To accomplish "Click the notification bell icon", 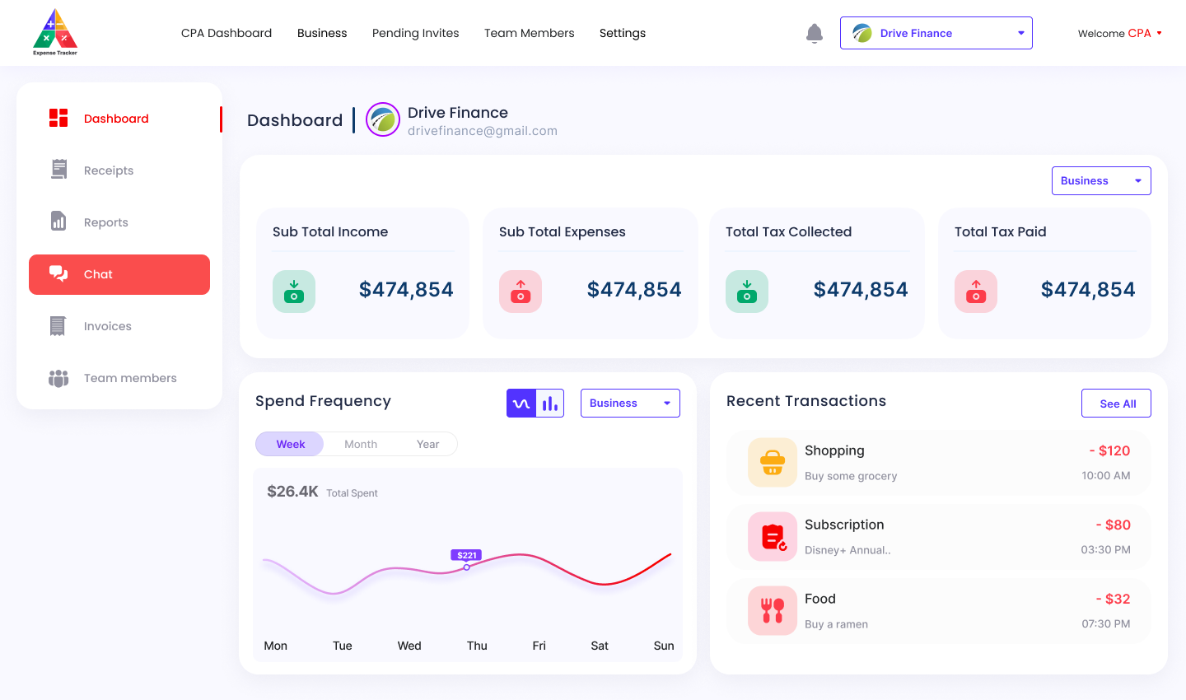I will tap(815, 34).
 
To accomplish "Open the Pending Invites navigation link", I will tap(415, 33).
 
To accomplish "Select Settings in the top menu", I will tap(622, 33).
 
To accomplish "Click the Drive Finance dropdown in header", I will tap(936, 33).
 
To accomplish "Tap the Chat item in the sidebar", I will tap(119, 274).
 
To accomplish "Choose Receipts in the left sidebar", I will tap(108, 170).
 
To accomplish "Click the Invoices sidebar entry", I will tap(107, 326).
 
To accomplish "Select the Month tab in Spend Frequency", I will tap(361, 444).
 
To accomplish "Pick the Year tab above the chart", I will tap(427, 444).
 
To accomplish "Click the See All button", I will tap(1116, 404).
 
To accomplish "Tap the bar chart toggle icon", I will tap(550, 404).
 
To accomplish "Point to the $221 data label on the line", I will tap(466, 555).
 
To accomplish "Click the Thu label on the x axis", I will tap(477, 646).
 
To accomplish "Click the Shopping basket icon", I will tap(773, 463).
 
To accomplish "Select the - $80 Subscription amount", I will tap(1113, 525).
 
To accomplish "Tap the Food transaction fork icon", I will tap(773, 610).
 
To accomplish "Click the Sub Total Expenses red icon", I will tap(521, 292).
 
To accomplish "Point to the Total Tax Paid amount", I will tap(1087, 290).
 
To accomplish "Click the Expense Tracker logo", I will tap(55, 33).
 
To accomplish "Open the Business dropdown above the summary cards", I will tap(1100, 181).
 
